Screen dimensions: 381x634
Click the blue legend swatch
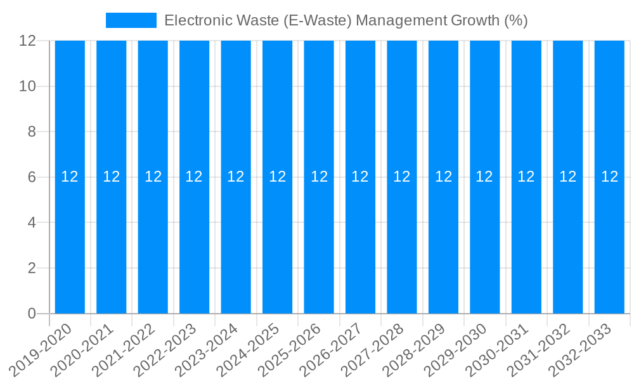[131, 20]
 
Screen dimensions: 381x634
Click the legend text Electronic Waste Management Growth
[346, 20]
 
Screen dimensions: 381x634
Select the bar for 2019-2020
[70, 241]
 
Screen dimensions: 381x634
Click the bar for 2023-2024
[236, 241]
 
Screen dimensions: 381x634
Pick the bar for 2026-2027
[360, 241]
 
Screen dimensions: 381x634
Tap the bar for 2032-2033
[609, 241]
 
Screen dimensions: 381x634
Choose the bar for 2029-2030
[485, 241]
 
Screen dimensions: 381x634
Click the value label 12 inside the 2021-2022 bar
[153, 177]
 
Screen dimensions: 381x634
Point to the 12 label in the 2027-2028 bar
[402, 177]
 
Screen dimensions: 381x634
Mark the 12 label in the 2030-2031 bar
[526, 177]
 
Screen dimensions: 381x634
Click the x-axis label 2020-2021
[83, 350]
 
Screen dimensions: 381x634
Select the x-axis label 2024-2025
[249, 350]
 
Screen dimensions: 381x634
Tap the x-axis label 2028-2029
[415, 350]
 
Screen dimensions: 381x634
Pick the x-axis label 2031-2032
[540, 350]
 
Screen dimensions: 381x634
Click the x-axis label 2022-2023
[166, 350]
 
